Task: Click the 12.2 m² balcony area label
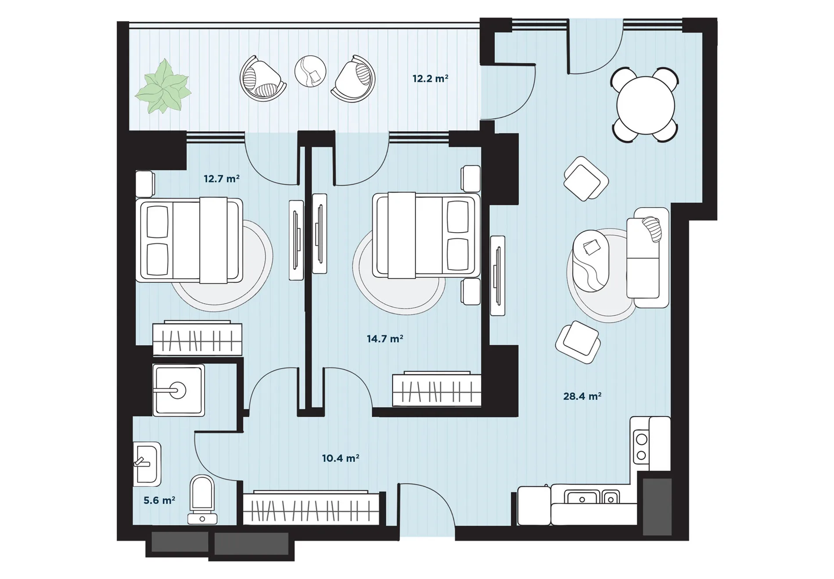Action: (x=430, y=79)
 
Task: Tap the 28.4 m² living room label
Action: (x=582, y=396)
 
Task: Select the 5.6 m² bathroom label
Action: (x=159, y=500)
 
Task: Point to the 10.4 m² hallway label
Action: (x=341, y=458)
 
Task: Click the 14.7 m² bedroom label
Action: (x=385, y=339)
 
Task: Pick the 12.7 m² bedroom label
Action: (x=222, y=179)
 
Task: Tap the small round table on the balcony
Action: (x=310, y=71)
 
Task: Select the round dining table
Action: (x=645, y=105)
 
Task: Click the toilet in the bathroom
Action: (x=202, y=500)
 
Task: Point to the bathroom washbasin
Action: (x=147, y=464)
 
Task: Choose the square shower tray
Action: (x=179, y=390)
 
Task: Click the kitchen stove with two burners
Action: (x=641, y=446)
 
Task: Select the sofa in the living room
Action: (x=648, y=258)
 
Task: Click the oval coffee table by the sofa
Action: (x=591, y=261)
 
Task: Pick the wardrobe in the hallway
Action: (x=311, y=508)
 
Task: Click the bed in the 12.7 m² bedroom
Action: (x=189, y=240)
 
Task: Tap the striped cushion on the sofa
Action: (x=652, y=229)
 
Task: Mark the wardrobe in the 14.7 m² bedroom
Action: (x=437, y=389)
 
